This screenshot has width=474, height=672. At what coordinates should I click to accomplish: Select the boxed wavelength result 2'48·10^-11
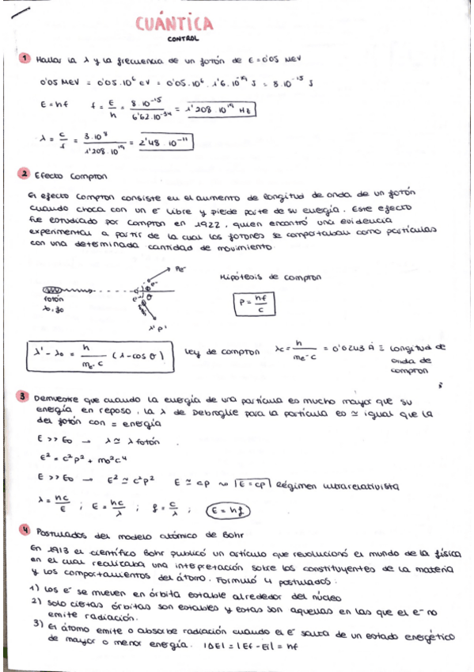tap(165, 143)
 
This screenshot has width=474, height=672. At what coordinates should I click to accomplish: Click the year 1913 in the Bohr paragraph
tap(49, 547)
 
